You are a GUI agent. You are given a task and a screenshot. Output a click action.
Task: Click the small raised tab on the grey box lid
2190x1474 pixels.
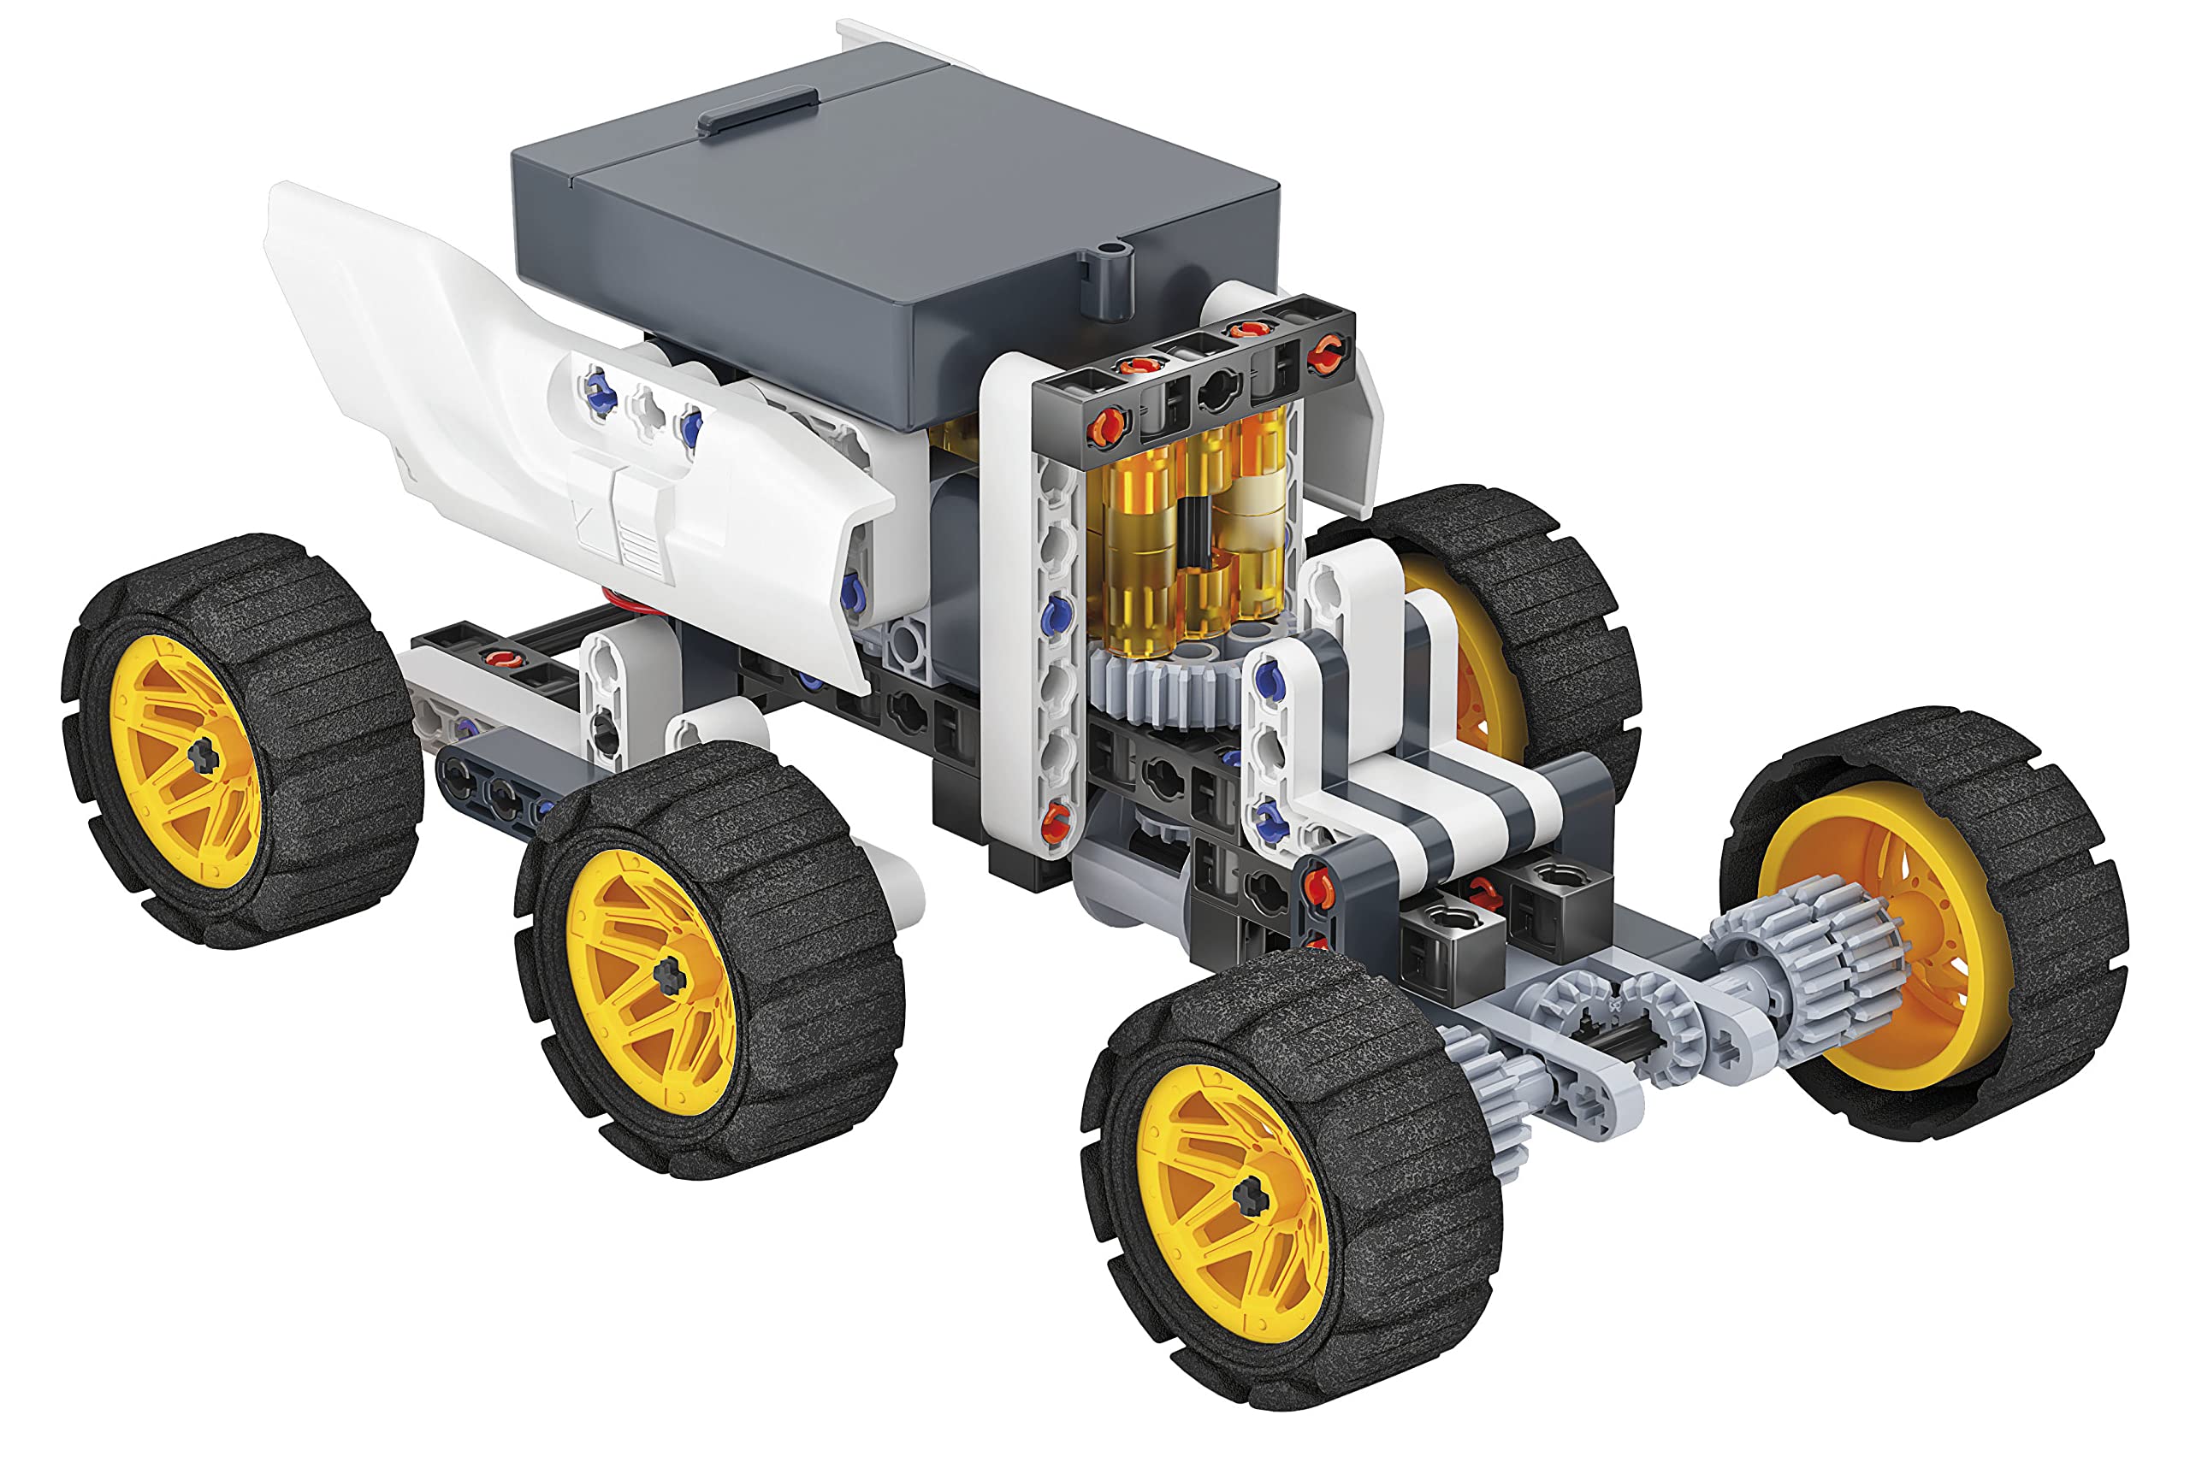[755, 110]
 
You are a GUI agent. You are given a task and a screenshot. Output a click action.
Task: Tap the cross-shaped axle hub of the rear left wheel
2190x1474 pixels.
[202, 755]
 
